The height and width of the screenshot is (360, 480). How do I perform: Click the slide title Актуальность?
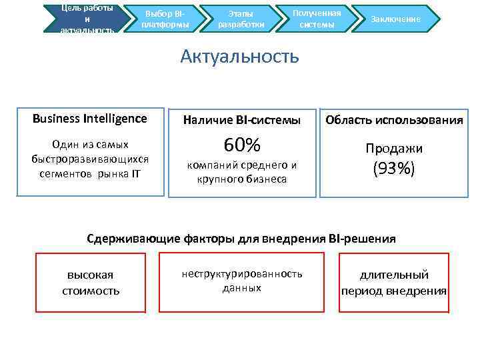click(239, 56)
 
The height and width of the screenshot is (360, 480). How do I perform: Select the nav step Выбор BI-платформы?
click(165, 19)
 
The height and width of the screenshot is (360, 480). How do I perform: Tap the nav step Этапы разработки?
click(241, 19)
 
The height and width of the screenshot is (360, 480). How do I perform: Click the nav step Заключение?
click(396, 19)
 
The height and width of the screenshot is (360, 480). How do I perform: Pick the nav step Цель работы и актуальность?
click(87, 19)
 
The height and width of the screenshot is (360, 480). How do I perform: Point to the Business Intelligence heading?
click(90, 119)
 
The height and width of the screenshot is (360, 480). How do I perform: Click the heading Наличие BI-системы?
click(242, 120)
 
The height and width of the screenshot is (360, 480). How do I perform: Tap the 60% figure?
click(242, 145)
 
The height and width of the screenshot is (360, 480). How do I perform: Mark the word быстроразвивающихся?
click(90, 159)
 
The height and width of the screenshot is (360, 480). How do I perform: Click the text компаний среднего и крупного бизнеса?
click(242, 172)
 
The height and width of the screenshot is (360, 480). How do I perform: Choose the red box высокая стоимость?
click(91, 283)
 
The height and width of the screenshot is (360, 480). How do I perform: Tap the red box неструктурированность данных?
click(242, 281)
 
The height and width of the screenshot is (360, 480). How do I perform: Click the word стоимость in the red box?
click(91, 291)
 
